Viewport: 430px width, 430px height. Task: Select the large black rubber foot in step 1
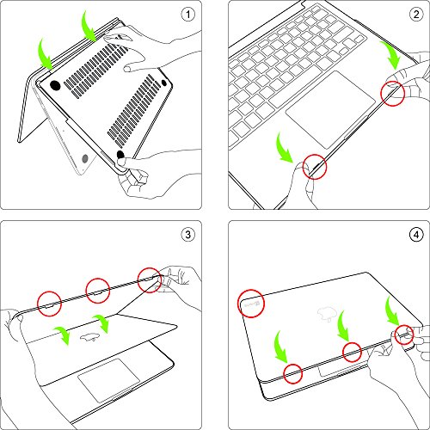[x=55, y=86]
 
